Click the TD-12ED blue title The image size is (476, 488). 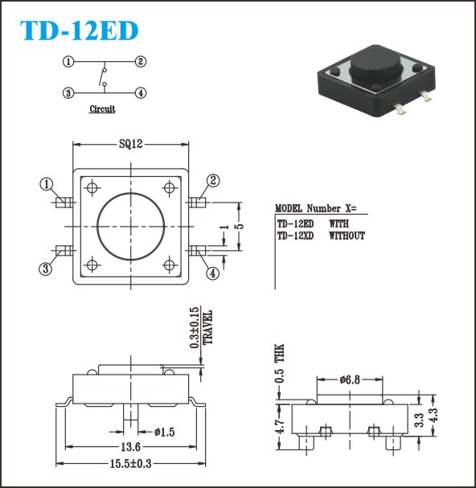click(x=79, y=31)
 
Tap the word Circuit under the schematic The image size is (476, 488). click(x=102, y=109)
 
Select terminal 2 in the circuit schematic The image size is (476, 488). click(x=141, y=62)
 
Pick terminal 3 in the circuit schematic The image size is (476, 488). click(x=68, y=92)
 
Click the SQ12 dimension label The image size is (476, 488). click(x=131, y=144)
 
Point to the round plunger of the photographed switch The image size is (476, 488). click(x=375, y=64)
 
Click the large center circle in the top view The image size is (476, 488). click(x=131, y=226)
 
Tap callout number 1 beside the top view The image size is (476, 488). click(x=47, y=184)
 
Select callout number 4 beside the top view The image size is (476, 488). click(x=213, y=273)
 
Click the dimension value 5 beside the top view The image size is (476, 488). click(x=240, y=226)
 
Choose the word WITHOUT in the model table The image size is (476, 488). click(x=347, y=236)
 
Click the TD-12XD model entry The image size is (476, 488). click(x=295, y=236)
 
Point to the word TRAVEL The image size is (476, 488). click(x=207, y=327)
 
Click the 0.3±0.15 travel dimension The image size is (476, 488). click(x=194, y=328)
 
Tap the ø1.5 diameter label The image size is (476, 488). click(x=165, y=432)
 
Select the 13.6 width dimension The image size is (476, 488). click(x=131, y=447)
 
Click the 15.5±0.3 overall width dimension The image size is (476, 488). click(x=131, y=464)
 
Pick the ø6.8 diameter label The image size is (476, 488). click(x=350, y=379)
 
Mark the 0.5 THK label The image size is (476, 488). click(x=279, y=363)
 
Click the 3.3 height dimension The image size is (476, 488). click(x=420, y=420)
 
